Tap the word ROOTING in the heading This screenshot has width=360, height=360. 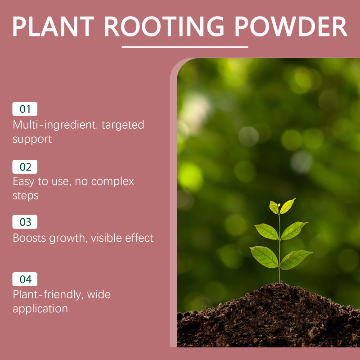point(164,27)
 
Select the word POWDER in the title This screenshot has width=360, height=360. point(291,27)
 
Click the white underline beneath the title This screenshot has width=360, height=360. point(185,47)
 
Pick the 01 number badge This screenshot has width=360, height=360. point(25,109)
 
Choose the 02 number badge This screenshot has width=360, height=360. point(25,166)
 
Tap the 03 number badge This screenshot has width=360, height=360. point(25,222)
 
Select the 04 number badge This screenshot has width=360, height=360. point(25,279)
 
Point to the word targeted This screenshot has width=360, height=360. point(123,126)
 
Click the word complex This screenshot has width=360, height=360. point(112,182)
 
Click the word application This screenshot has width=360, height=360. point(40,309)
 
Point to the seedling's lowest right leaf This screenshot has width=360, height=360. point(295,260)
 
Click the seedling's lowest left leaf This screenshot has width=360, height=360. point(265,256)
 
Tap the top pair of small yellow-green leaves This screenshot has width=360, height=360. point(282,206)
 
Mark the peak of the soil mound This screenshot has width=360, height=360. point(279,284)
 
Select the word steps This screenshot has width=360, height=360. point(26,196)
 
